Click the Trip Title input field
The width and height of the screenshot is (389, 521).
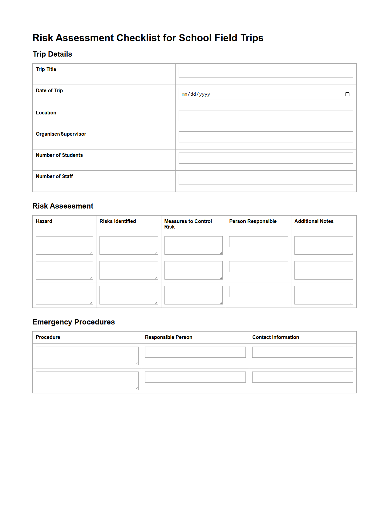click(265, 72)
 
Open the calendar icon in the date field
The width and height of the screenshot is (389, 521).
click(347, 94)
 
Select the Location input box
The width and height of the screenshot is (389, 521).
click(265, 116)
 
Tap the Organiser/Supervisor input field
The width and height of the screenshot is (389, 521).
click(265, 137)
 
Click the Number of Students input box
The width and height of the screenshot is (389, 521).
click(265, 158)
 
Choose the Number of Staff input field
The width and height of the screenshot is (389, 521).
click(265, 179)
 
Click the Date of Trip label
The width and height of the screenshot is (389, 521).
click(49, 90)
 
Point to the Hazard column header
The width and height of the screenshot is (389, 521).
click(44, 221)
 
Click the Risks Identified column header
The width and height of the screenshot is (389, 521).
click(118, 221)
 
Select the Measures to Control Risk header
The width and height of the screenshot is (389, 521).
click(188, 224)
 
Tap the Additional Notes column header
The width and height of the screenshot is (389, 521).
click(314, 221)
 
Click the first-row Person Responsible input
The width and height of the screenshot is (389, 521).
click(258, 242)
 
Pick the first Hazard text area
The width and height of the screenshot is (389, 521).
click(64, 245)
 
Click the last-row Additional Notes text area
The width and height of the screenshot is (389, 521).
click(323, 295)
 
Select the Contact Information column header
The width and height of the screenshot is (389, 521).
click(276, 337)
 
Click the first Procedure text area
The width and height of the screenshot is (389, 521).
click(87, 356)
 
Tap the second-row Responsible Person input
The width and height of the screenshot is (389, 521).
click(195, 377)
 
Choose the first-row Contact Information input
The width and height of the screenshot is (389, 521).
click(302, 352)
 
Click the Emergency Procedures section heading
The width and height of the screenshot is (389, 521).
click(74, 322)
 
